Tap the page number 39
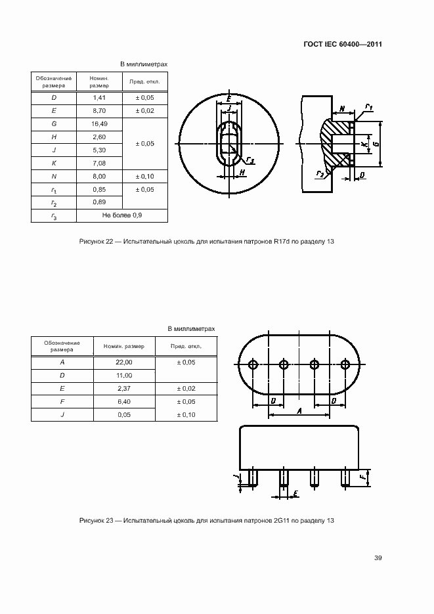(378, 558)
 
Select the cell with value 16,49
(99, 123)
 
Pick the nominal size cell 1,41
(99, 98)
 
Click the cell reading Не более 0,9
(121, 215)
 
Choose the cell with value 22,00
(124, 362)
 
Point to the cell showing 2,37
(124, 388)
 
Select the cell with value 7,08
(99, 163)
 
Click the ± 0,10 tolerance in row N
(145, 176)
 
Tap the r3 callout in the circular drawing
(250, 159)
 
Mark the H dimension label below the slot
(242, 173)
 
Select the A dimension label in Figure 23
(299, 411)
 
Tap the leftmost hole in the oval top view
(253, 365)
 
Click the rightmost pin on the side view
(345, 478)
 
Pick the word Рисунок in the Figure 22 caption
(91, 242)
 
